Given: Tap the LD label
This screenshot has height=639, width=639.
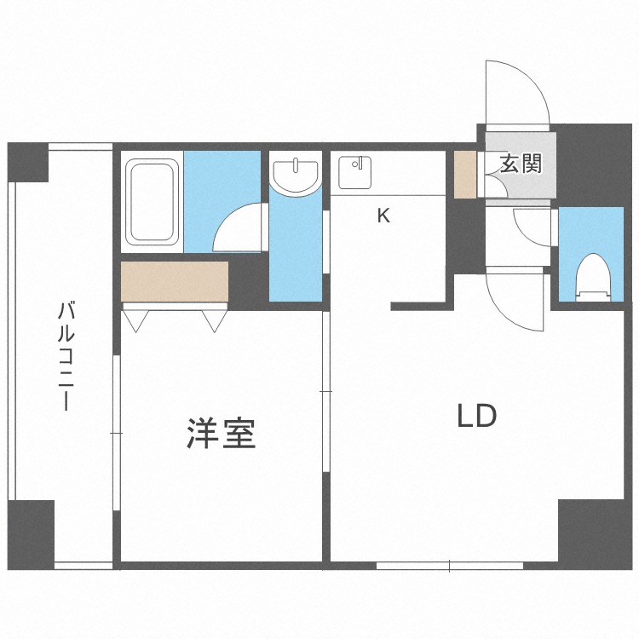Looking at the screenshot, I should coord(476,417).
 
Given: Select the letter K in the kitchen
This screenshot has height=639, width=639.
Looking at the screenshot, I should coord(383,216).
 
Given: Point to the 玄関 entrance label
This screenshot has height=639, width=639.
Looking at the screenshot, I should coord(521,164).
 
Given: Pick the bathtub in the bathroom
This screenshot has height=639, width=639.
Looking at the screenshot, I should coord(153,201).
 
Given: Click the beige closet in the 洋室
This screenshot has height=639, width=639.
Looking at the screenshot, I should coord(175,281).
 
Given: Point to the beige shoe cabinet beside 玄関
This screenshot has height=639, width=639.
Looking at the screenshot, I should coord(465,174).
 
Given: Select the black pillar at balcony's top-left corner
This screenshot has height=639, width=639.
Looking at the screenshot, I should coord(29,162).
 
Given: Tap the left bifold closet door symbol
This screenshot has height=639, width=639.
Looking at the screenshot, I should coord(136,319).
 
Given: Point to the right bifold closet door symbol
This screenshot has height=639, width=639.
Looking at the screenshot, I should coord(214,319).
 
